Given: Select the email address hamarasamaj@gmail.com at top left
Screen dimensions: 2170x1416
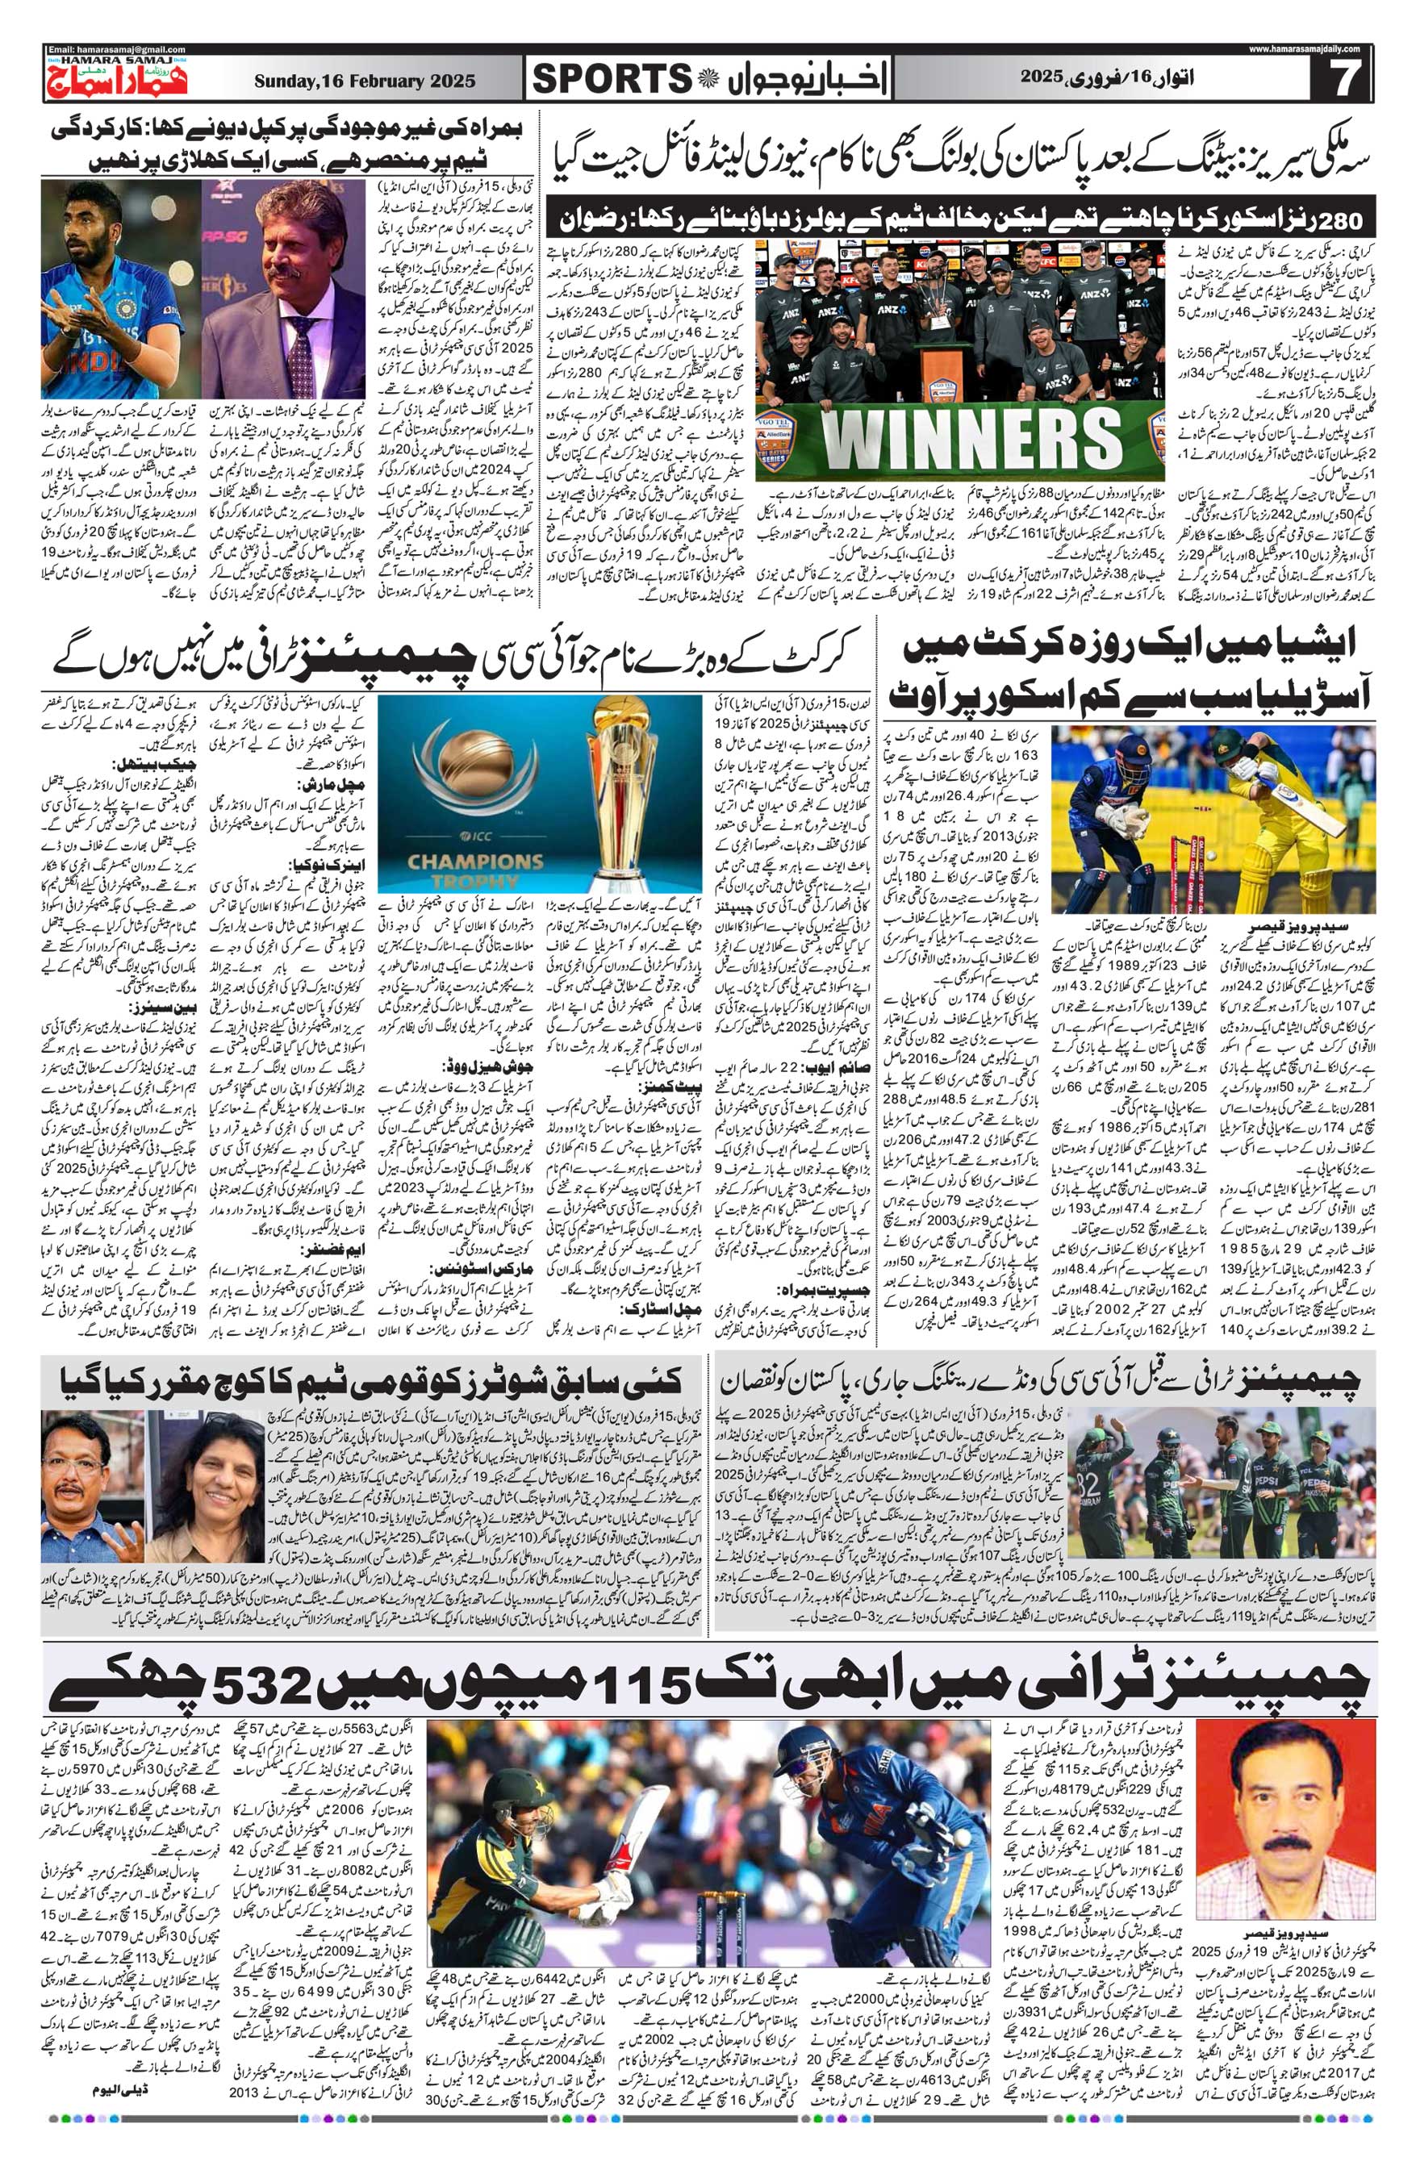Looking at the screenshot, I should click(x=116, y=49).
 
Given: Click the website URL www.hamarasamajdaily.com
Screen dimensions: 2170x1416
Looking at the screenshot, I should click(x=1304, y=49).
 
